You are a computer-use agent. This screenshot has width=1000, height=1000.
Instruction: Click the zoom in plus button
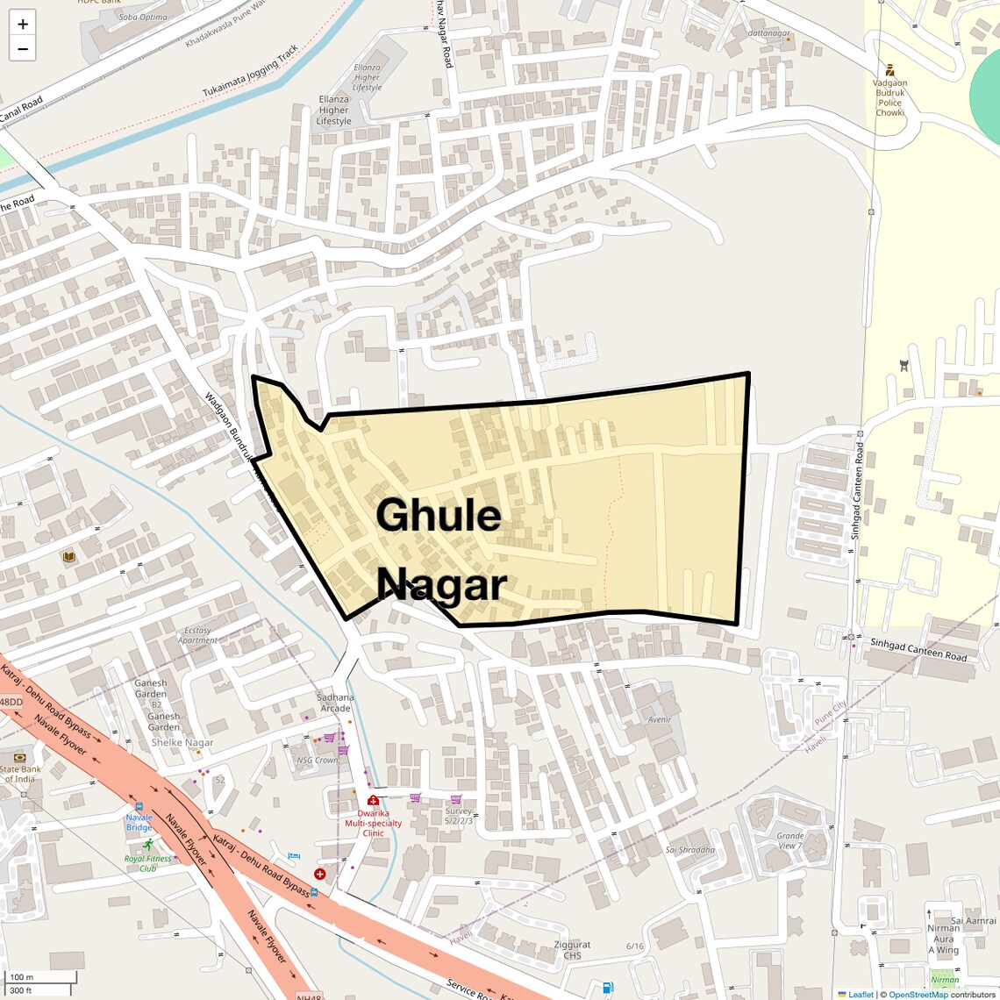[23, 25]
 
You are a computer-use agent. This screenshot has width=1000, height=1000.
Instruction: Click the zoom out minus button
[23, 49]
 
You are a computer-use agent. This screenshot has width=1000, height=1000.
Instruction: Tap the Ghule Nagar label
[440, 549]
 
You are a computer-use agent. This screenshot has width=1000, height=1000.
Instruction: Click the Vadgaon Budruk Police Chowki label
[889, 97]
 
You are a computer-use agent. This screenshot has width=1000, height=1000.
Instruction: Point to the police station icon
[889, 69]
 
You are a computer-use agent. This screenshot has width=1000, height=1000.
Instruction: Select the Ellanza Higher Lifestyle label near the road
[333, 111]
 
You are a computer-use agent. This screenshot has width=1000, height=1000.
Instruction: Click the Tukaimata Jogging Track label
[250, 71]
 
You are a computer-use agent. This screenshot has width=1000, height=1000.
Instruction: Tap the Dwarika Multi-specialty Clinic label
[373, 823]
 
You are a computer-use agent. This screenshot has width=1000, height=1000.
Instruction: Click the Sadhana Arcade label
[335, 703]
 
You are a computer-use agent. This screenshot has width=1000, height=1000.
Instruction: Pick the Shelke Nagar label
[182, 742]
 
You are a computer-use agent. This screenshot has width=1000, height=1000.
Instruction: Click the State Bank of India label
[19, 774]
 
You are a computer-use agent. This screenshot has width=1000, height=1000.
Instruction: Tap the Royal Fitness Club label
[147, 863]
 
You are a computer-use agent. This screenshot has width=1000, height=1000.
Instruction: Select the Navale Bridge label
[139, 822]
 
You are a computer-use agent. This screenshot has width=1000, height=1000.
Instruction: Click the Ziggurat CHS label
[572, 950]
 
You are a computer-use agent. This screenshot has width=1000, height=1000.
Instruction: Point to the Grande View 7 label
[789, 840]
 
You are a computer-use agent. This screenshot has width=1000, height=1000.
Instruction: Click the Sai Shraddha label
[690, 849]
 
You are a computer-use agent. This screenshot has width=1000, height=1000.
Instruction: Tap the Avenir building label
[660, 719]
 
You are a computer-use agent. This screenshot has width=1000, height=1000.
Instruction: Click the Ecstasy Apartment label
[197, 635]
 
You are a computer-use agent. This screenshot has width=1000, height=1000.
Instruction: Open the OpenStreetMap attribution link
[918, 995]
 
